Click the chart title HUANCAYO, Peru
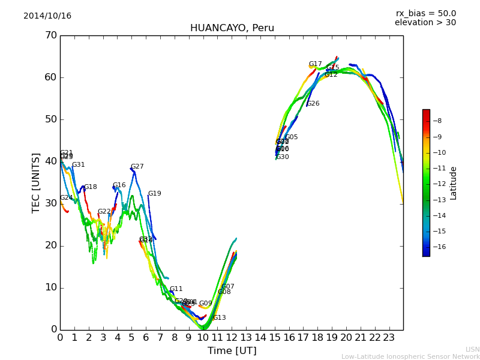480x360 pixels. pos(232,28)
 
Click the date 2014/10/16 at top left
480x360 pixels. pos(47,16)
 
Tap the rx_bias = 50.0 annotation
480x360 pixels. pos(425,14)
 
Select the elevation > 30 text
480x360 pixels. pos(425,23)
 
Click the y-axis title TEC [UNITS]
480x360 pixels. pos(36,182)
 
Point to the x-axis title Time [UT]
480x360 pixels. pos(232,351)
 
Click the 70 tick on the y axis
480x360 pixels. pos(50,35)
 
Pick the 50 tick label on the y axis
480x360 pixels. pos(50,119)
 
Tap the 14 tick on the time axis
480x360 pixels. pos(260,338)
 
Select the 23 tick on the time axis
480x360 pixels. pos(389,338)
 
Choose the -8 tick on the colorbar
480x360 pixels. pos(437,121)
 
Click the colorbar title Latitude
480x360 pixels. pos(454,183)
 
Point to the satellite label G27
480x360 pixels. pos(137,167)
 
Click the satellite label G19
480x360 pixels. pos(155,194)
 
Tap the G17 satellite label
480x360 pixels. pos(316,64)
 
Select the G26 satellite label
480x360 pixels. pos(313,104)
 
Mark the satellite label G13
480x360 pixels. pos(220,318)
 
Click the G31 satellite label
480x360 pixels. pos(79,165)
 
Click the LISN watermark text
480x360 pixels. pos(472,349)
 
